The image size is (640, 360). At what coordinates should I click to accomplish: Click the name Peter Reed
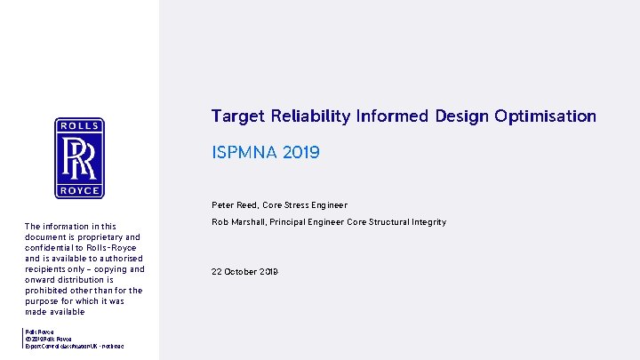pyautogui.click(x=234, y=205)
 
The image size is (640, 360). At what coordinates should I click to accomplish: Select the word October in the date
pyautogui.click(x=243, y=272)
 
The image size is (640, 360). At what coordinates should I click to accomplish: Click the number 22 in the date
pyautogui.click(x=217, y=272)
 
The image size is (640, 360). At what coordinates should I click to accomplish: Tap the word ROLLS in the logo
pyautogui.click(x=79, y=126)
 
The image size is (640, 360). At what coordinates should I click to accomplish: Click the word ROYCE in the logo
pyautogui.click(x=79, y=191)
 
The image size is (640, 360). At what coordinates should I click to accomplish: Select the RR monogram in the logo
pyautogui.click(x=79, y=158)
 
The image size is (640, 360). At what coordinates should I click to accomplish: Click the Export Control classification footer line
pyautogui.click(x=76, y=346)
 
